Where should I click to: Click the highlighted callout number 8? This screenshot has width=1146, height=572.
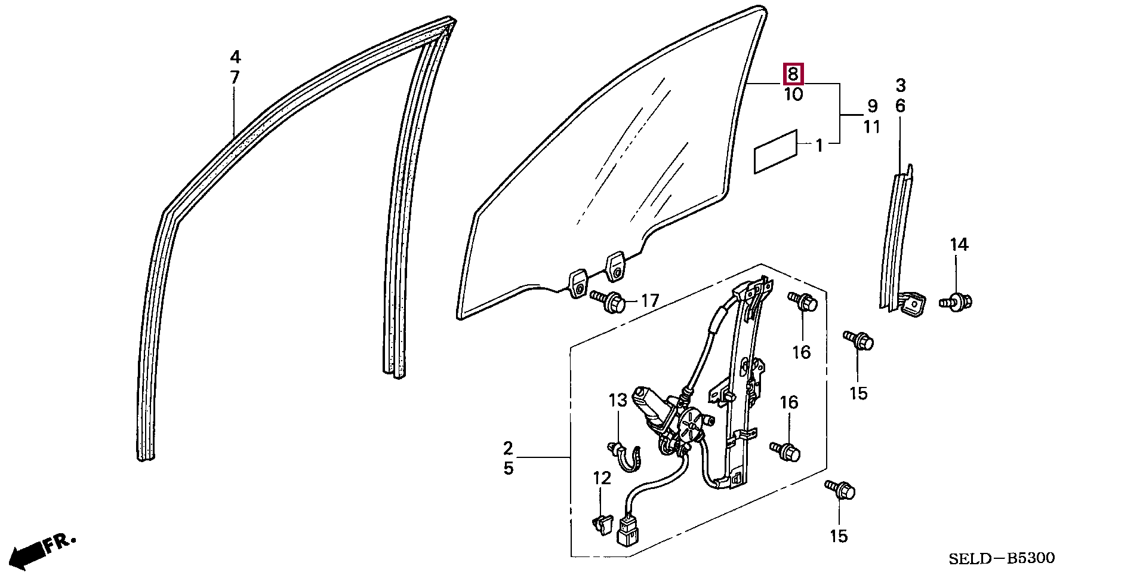793,74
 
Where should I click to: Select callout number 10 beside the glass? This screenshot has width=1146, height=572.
793,94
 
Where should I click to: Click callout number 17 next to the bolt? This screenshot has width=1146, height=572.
649,300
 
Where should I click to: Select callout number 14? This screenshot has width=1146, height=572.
959,245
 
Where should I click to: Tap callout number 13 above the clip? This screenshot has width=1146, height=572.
618,400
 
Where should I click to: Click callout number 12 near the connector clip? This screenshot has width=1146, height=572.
602,478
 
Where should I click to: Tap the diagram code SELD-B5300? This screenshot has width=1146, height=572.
1002,558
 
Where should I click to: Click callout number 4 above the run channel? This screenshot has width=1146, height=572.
235,57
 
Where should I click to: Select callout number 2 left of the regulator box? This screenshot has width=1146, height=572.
508,448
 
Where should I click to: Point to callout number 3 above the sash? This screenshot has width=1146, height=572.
901,86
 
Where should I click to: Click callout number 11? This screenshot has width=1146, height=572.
872,127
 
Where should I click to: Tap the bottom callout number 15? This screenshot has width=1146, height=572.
839,536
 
